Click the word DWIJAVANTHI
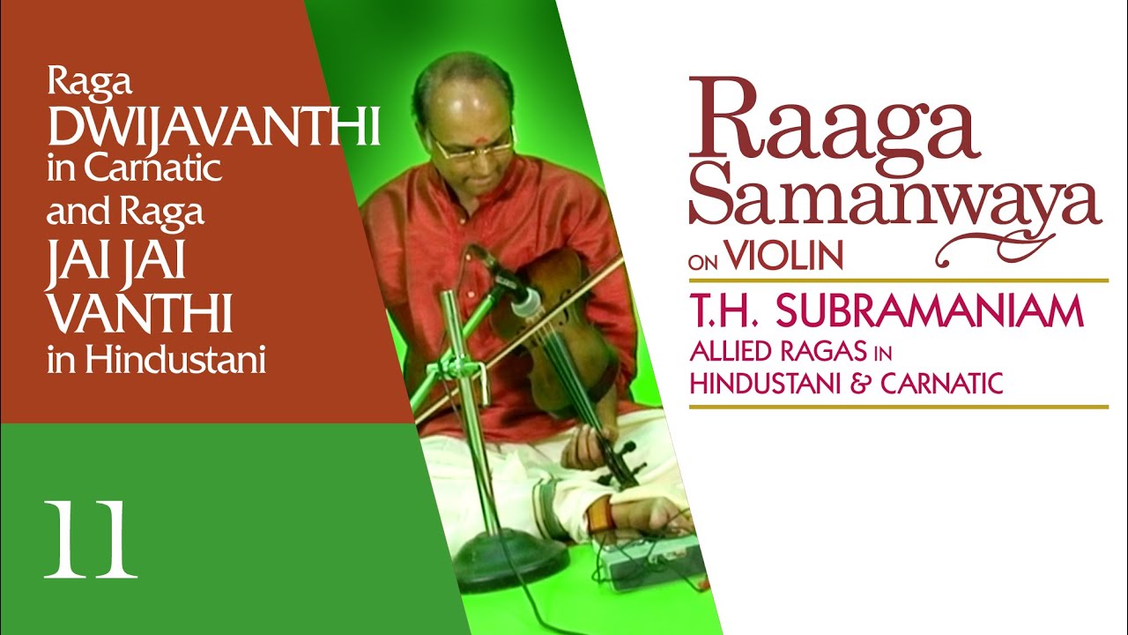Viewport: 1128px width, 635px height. pos(213,128)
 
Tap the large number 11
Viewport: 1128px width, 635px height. pos(91,540)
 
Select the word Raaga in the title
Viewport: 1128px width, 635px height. pos(833,119)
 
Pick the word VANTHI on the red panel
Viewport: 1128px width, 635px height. pos(141,315)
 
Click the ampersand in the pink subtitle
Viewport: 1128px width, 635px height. pos(892,384)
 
